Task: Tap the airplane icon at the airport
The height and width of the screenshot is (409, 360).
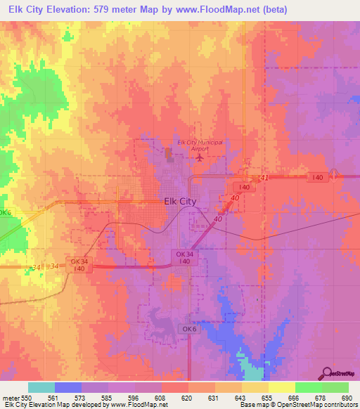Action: pos(200,157)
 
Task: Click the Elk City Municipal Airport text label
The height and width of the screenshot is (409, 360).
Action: pos(200,145)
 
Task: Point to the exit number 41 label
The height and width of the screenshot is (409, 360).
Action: pos(264,178)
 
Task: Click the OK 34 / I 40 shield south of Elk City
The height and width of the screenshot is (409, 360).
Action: pos(184,257)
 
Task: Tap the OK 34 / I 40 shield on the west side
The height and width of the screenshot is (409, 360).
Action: pos(78,264)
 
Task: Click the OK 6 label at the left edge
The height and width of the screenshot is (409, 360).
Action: pos(6,212)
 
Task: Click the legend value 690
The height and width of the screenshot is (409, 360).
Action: pos(343,398)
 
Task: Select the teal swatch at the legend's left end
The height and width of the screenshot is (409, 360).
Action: pos(41,387)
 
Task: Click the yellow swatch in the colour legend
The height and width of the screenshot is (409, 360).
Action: pos(281,387)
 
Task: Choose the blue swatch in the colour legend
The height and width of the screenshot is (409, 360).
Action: pos(68,387)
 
